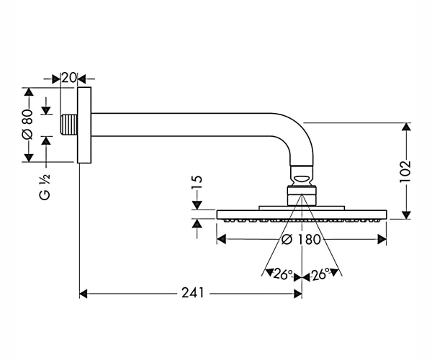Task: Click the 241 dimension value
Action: (192, 293)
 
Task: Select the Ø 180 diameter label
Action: (301, 239)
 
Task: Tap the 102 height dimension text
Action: (405, 171)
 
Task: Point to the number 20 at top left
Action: (68, 78)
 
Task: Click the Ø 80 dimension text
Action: (27, 125)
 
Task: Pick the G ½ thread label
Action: (45, 187)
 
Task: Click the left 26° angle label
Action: (283, 274)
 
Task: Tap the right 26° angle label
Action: (320, 274)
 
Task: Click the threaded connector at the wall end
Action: (69, 125)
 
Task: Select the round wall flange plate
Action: (84, 125)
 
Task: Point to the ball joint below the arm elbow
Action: (302, 176)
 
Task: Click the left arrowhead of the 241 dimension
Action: (84, 294)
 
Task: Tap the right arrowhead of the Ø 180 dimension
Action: (382, 239)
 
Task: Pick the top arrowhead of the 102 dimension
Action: (406, 127)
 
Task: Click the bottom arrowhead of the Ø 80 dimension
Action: (29, 158)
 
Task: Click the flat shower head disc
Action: (302, 215)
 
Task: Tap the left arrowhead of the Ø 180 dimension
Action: (222, 239)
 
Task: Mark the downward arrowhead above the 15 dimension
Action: (197, 205)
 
